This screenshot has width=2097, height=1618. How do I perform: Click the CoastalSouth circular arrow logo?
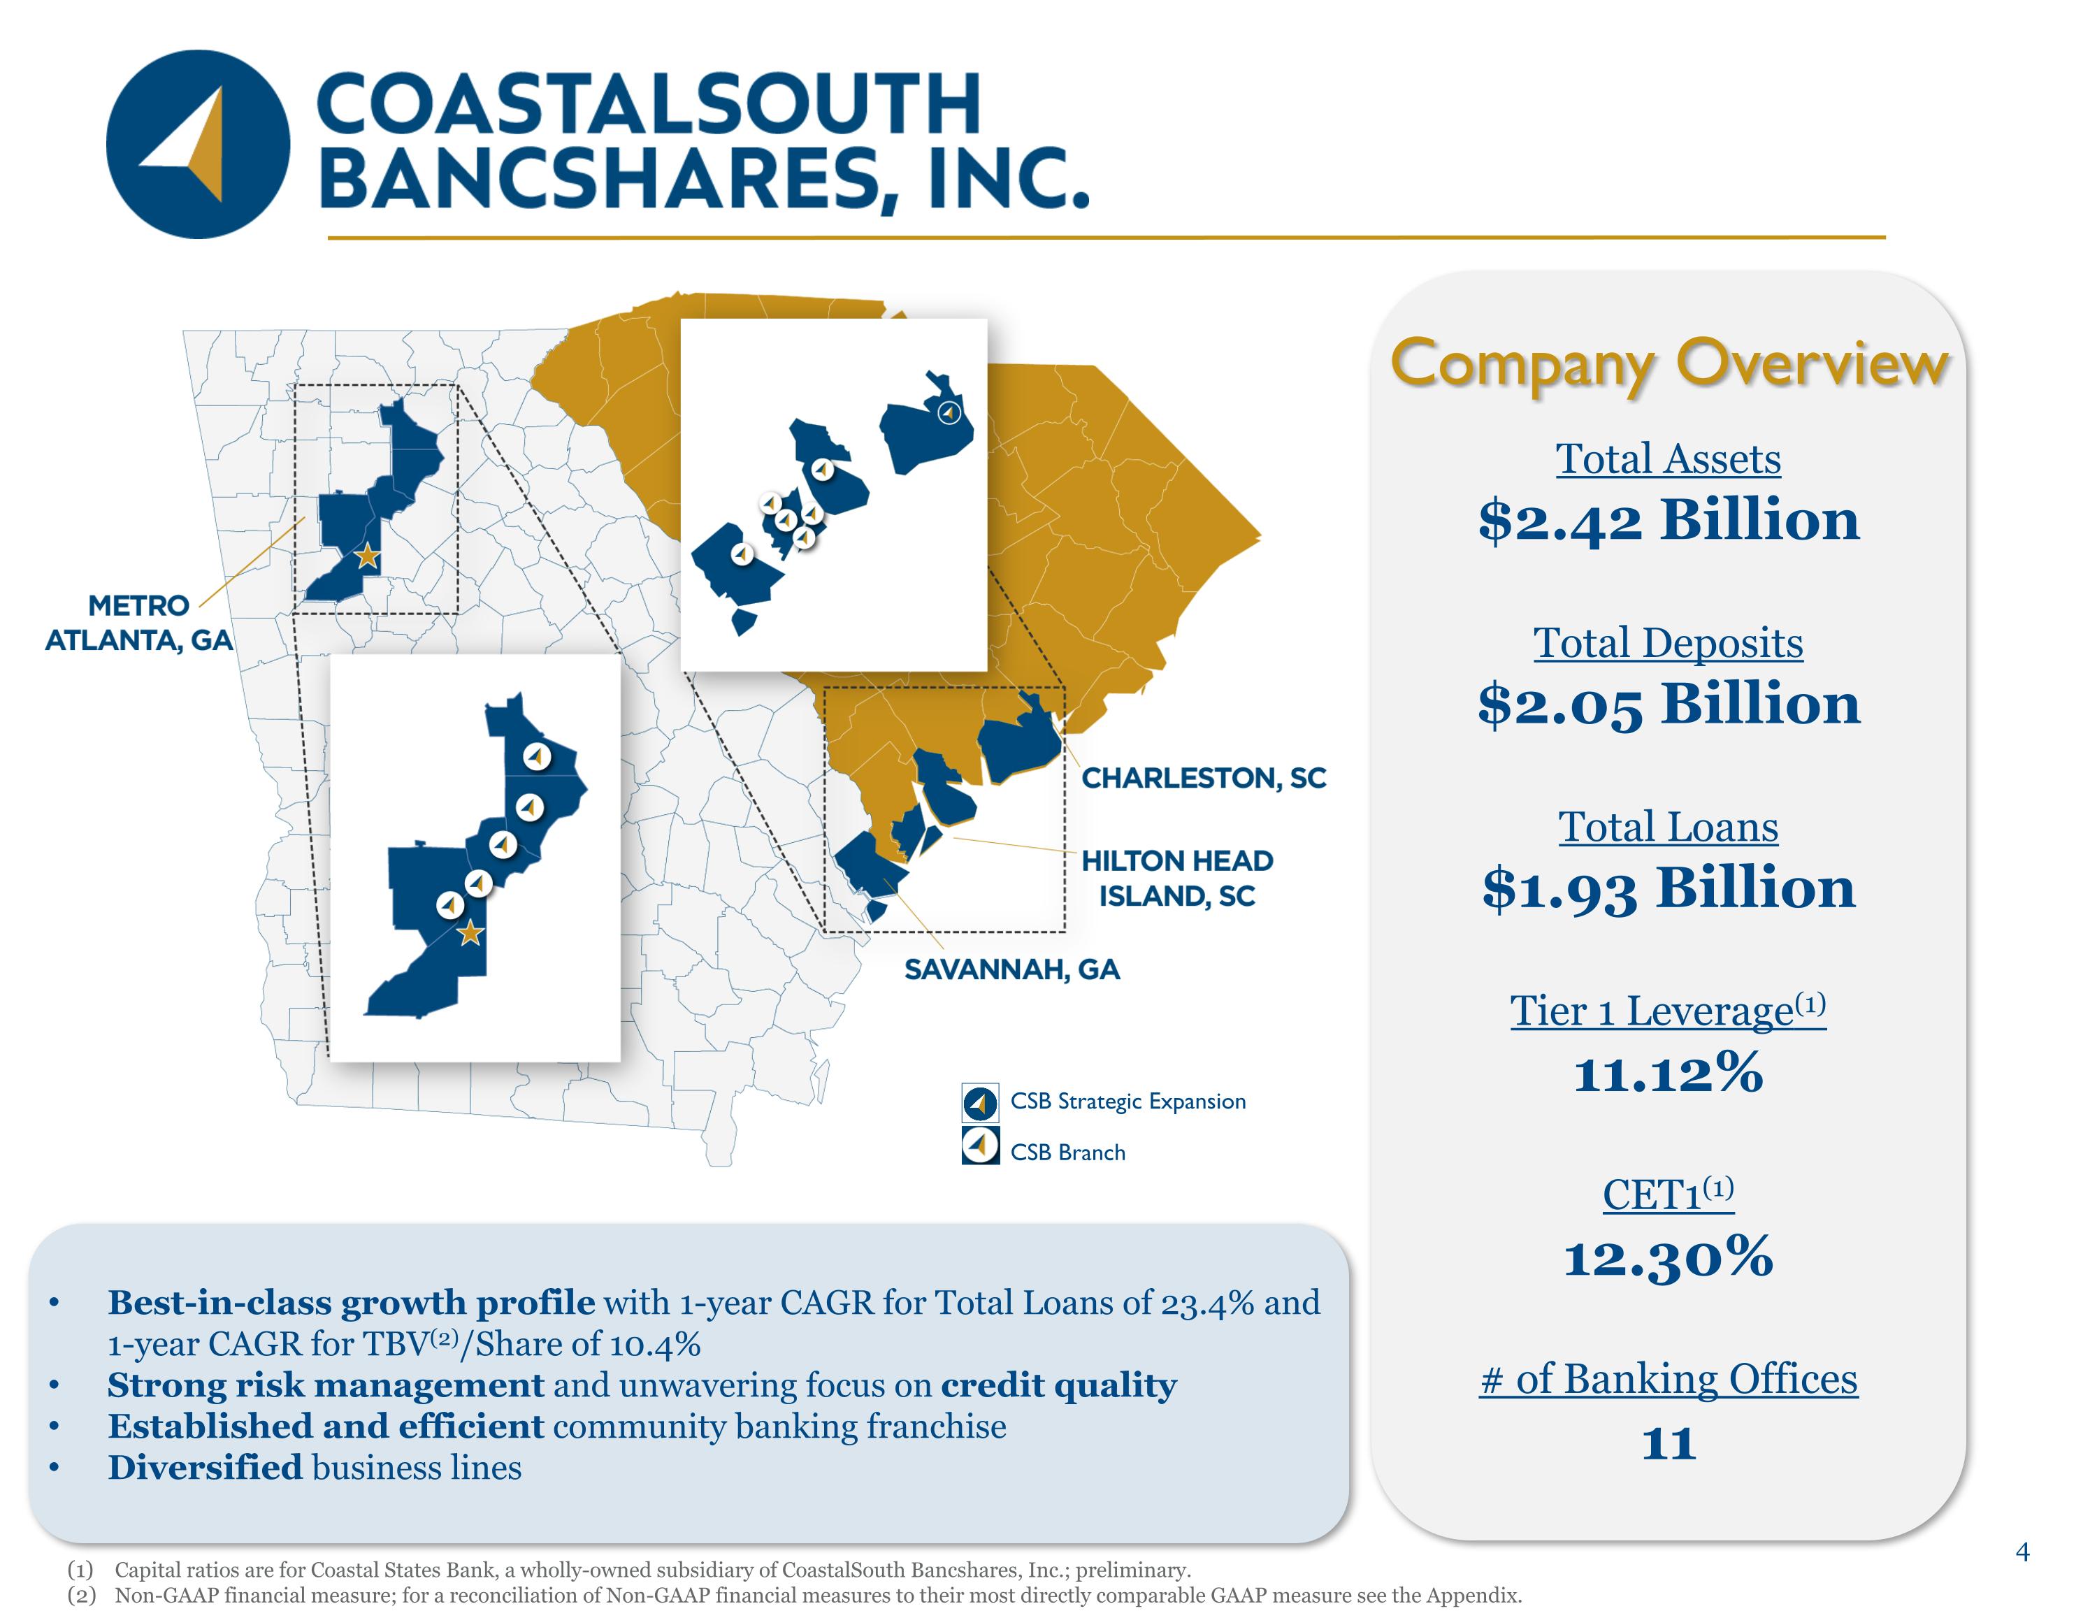[198, 144]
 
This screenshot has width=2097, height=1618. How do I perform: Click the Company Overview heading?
[1669, 364]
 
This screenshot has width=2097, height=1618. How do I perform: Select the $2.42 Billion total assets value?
[1669, 521]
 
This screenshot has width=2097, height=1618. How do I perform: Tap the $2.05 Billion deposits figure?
[1669, 704]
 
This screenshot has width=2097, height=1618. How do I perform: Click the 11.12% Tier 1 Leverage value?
[1669, 1071]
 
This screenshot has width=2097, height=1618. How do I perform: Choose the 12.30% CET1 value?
[1669, 1256]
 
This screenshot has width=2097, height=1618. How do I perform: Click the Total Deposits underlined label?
[1669, 642]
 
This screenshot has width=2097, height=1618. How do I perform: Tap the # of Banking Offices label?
[1669, 1380]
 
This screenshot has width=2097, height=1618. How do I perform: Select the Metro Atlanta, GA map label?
[139, 622]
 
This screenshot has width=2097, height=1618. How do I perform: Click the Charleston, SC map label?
[1204, 778]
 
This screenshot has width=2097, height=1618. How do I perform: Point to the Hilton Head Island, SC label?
[1177, 878]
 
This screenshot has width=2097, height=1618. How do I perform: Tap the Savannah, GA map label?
[1012, 969]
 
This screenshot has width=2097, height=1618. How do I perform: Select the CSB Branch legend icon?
[980, 1146]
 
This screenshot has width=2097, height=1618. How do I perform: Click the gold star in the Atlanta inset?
[470, 933]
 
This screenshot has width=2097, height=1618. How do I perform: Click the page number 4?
[2023, 1552]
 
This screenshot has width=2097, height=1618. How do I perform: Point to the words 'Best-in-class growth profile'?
[352, 1302]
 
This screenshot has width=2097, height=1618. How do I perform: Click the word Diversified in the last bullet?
[205, 1467]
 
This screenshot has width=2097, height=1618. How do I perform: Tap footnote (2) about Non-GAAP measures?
[794, 1595]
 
